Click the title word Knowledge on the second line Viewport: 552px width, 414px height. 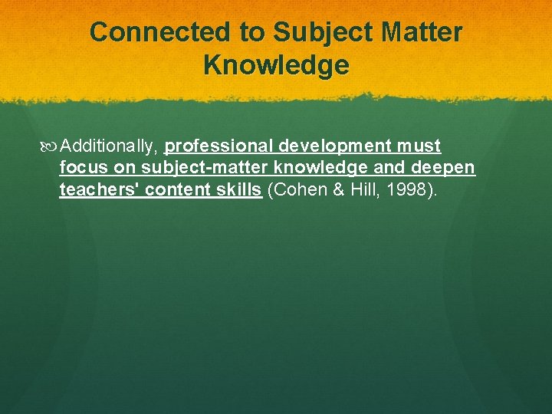pos(276,65)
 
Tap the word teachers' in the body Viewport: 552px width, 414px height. pos(99,190)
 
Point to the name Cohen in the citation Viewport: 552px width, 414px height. pos(295,190)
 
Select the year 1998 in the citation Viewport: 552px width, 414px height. pos(411,190)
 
